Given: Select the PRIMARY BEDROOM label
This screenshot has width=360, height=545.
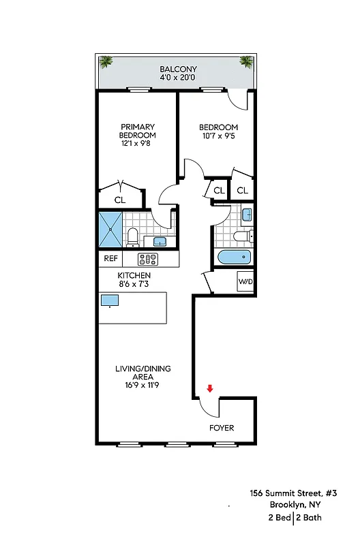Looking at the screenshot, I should point(138,131).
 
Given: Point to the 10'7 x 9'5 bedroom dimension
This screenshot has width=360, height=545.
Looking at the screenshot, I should point(218,136).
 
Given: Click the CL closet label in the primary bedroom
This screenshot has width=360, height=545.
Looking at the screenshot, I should point(120,200).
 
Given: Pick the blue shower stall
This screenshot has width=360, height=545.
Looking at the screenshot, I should point(109,230).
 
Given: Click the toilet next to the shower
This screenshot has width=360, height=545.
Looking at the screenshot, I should point(133,237).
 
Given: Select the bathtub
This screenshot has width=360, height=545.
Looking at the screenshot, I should point(234,259).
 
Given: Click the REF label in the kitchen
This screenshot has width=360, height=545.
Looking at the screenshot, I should point(110,259).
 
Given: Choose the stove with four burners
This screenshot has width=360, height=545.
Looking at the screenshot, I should point(148,259).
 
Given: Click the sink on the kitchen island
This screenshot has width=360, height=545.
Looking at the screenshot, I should point(110,300).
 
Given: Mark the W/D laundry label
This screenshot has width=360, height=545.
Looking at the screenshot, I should point(245,281).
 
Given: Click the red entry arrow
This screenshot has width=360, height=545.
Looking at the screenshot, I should point(210,388).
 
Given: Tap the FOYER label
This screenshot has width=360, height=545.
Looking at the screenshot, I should point(222,428).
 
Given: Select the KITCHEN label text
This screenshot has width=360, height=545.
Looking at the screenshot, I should point(134,275).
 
